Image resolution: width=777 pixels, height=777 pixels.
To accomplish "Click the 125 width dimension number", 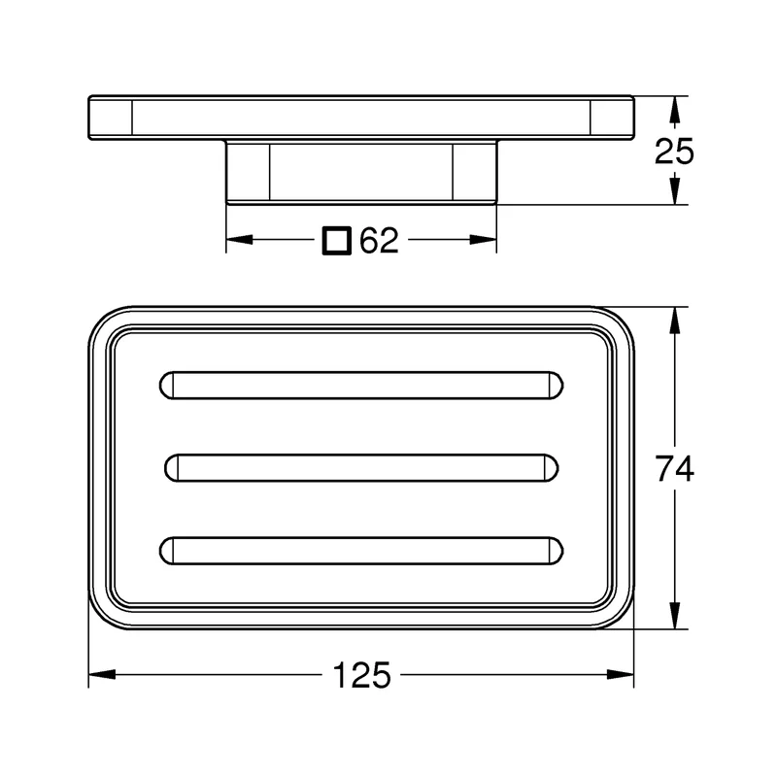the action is coord(361,675).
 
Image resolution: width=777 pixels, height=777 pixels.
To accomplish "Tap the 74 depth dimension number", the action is coord(674,468).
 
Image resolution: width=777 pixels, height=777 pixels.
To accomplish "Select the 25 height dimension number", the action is coord(674,152).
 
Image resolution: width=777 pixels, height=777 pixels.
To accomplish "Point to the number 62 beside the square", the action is coord(379,240).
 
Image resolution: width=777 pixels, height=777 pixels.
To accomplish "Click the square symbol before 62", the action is coord(337,241).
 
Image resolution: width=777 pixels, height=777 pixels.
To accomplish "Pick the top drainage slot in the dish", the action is coord(361,385).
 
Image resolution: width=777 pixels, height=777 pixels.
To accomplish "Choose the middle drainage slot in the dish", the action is coord(361,468).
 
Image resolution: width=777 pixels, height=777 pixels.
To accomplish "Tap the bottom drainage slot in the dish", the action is coord(361,551).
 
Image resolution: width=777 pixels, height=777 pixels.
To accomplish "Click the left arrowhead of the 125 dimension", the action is coord(102,674).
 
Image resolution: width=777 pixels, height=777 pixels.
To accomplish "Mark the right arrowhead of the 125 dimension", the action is coord(621,674).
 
